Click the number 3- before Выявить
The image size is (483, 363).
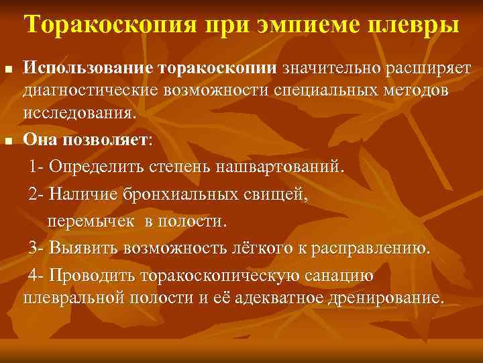click(37, 248)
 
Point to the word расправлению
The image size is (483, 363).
click(378, 248)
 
